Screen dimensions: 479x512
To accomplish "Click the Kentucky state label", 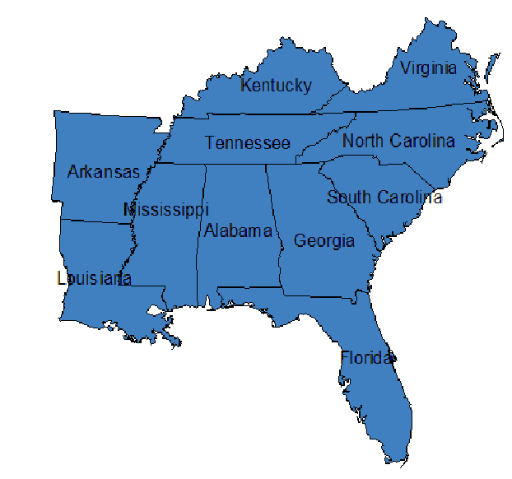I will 276,86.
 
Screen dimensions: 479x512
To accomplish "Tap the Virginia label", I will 428,68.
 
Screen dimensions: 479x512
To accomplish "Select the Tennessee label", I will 248,143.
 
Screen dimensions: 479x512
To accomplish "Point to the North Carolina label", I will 398,141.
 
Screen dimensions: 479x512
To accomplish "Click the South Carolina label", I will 384,198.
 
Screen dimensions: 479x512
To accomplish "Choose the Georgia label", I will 324,241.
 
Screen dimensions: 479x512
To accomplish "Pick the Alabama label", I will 238,230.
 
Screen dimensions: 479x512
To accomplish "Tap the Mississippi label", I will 165,210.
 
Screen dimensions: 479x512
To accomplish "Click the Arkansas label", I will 104,172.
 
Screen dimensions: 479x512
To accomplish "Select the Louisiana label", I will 94,278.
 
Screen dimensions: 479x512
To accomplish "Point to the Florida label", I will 367,359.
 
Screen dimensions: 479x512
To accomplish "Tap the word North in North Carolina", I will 363,141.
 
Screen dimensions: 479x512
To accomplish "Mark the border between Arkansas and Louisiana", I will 91,221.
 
